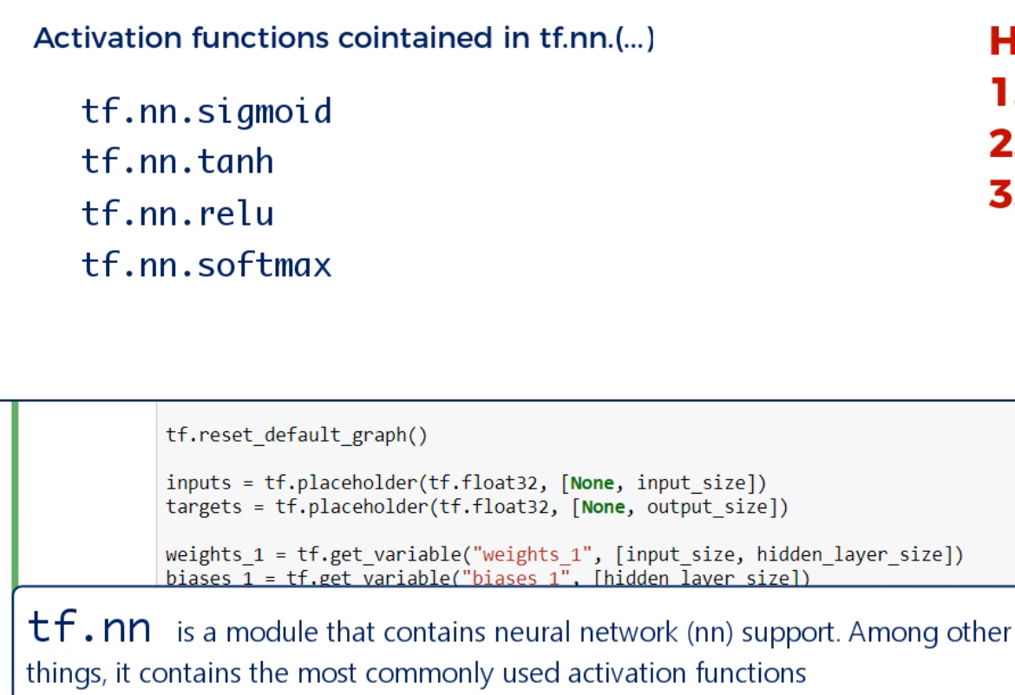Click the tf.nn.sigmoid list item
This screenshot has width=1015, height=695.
coord(206,112)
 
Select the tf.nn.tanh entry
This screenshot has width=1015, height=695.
coord(177,162)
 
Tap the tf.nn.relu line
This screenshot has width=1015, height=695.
coord(177,213)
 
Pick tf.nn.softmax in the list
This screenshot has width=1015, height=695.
coord(206,265)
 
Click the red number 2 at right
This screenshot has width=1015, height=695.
coord(1001,144)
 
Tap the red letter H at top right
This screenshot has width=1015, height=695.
coord(1001,42)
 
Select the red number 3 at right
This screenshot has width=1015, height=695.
coord(1001,194)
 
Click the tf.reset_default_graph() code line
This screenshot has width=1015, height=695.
coord(297,435)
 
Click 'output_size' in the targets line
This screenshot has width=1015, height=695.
coord(706,507)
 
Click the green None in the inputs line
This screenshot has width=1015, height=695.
coord(593,482)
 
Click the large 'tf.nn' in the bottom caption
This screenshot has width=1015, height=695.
coord(89,628)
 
